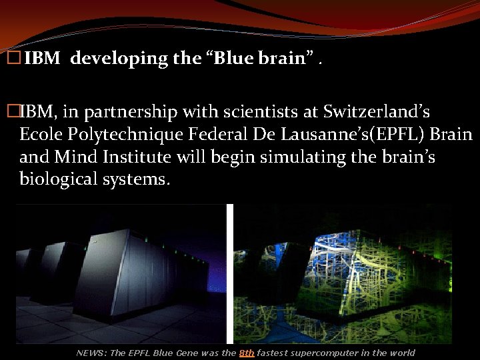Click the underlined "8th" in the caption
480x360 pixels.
[247, 353]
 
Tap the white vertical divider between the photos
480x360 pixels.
[230, 273]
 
